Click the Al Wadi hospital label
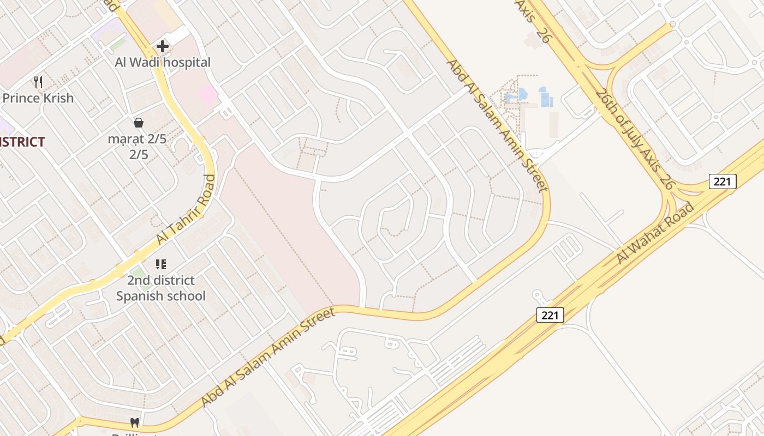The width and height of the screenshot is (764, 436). [x=162, y=63]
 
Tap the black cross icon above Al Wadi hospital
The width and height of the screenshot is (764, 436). [x=162, y=46]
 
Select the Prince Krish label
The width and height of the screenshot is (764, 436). [x=38, y=98]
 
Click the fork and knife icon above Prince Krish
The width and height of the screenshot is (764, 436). [x=38, y=82]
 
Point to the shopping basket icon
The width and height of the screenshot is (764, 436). [x=139, y=122]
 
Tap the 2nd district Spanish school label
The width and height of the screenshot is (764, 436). [x=160, y=288]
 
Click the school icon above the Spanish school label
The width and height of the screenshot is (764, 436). [x=160, y=264]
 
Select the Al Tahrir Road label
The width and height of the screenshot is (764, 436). [x=186, y=210]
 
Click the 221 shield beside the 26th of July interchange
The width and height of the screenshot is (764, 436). [x=723, y=181]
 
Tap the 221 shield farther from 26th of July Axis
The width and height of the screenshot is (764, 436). [x=550, y=314]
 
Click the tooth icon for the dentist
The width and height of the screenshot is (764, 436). [x=134, y=422]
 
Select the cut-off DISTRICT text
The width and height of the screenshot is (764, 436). [x=22, y=142]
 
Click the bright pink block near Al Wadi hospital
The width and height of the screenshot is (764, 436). [x=208, y=95]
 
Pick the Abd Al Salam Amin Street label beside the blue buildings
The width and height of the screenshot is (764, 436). [x=497, y=125]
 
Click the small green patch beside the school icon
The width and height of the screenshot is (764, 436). [x=139, y=271]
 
